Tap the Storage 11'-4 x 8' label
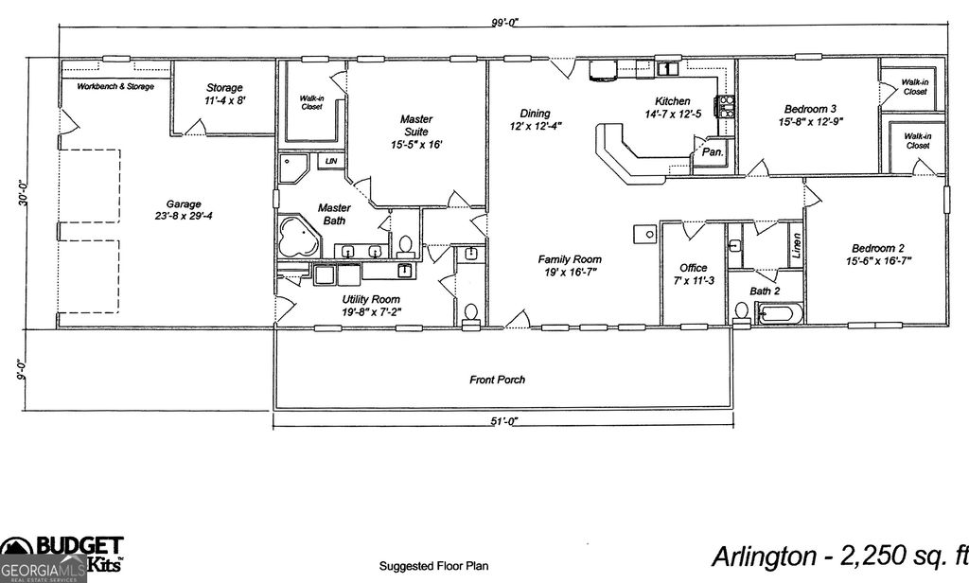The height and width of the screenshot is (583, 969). (x=224, y=94)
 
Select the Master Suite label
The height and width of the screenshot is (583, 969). (x=415, y=132)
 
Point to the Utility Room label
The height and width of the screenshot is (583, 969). (x=370, y=305)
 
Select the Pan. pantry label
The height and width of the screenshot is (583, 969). (x=713, y=152)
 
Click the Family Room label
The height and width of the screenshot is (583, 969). (x=570, y=265)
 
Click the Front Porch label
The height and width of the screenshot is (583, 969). (x=497, y=380)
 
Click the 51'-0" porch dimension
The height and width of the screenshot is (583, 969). (x=504, y=421)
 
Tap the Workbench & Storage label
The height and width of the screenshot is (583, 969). (x=115, y=87)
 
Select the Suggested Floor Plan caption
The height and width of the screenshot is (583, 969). (x=433, y=566)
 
